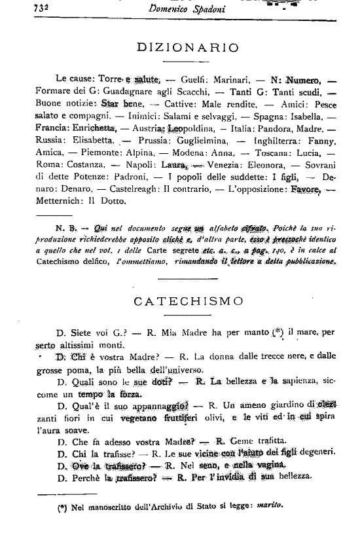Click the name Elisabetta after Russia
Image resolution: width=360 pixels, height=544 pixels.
click(91, 140)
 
